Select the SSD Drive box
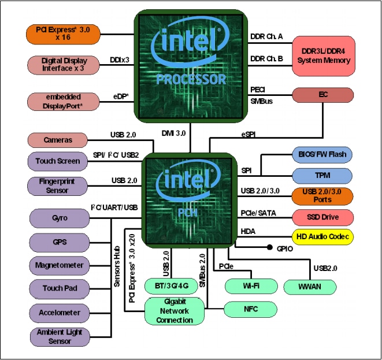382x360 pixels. (323, 217)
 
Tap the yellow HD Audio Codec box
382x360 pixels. (323, 237)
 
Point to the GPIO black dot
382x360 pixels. (270, 248)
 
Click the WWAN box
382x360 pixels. (310, 286)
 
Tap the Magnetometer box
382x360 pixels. (60, 266)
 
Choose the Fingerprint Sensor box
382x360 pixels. (58, 185)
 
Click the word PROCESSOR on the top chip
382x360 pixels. (191, 79)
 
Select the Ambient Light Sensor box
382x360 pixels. (60, 336)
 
